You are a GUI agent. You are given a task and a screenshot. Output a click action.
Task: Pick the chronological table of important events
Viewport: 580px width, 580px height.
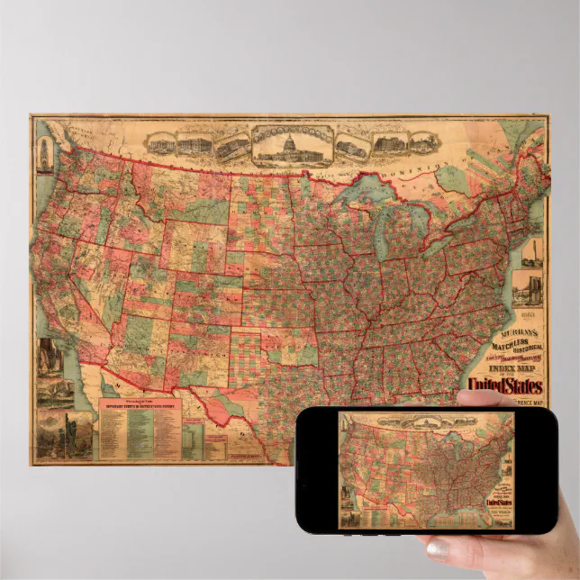140,429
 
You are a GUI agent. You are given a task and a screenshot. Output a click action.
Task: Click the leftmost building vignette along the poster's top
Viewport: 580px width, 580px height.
159,144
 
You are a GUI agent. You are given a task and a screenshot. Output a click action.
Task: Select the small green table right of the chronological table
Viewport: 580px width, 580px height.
192,438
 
